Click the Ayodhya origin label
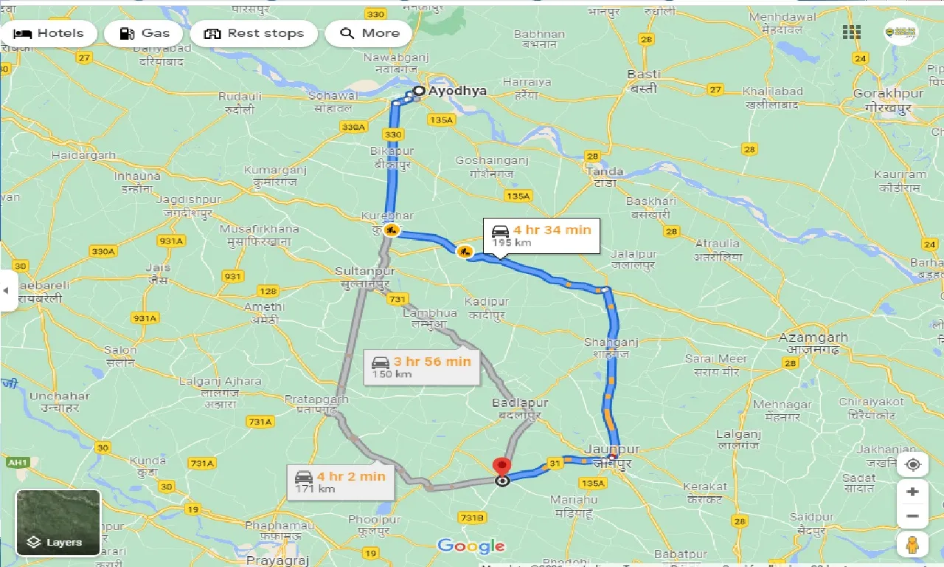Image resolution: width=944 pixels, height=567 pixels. point(457,91)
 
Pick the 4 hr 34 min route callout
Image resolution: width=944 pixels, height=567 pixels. point(541,236)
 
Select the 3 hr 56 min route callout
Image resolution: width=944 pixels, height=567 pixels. point(421,367)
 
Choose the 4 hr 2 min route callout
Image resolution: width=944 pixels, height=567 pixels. point(340,482)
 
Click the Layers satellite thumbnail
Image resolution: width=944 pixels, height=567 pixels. point(58,523)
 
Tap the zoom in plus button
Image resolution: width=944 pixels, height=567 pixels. point(913,492)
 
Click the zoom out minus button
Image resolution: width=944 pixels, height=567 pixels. point(913,516)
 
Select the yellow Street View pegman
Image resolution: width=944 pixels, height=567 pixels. point(913,544)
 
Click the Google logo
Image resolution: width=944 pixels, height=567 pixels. point(471,546)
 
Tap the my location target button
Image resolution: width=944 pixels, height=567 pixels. point(913,464)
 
